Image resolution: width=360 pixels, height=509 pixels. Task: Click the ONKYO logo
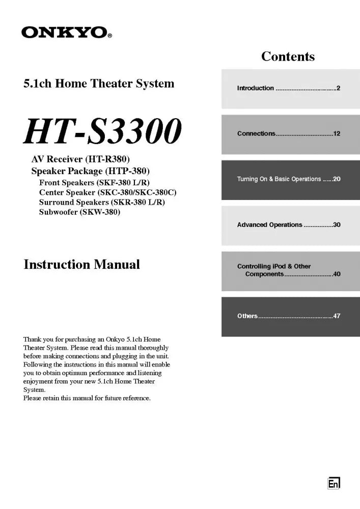[66, 33]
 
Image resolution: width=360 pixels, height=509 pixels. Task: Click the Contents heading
[288, 56]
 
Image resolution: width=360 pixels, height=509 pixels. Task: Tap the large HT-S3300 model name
[102, 131]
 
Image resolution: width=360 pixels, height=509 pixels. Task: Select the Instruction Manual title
[81, 265]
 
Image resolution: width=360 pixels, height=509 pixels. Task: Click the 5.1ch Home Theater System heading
[99, 83]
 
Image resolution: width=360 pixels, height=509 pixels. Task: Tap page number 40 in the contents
[337, 274]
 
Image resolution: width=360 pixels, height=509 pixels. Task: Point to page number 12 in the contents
[337, 134]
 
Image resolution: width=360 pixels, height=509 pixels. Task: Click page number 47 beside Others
[337, 316]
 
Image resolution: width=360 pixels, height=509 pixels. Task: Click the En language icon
[334, 484]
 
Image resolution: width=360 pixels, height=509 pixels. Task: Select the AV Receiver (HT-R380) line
[84, 160]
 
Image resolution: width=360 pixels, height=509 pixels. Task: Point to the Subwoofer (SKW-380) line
[79, 212]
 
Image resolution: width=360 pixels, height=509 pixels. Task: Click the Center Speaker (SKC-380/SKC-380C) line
[107, 192]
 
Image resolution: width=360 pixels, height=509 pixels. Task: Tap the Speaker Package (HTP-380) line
[91, 171]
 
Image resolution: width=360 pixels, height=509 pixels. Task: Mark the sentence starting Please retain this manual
[87, 398]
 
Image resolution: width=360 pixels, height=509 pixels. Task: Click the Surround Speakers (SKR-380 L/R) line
[102, 203]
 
